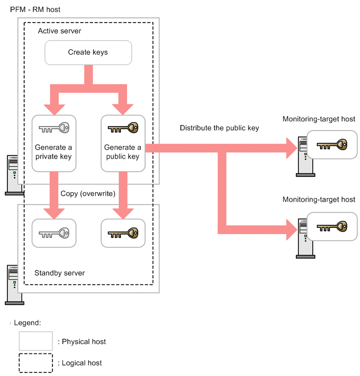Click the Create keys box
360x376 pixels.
(88, 53)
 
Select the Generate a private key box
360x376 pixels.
(54, 143)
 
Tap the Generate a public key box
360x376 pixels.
(123, 143)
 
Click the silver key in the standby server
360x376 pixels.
(54, 233)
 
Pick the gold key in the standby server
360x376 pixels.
(123, 233)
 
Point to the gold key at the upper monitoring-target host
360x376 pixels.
(332, 144)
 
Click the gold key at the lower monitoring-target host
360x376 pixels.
(332, 226)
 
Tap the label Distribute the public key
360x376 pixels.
(219, 128)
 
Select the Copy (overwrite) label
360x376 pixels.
(88, 194)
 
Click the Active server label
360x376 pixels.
(59, 31)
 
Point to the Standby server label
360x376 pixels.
(59, 273)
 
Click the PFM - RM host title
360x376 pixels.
(35, 9)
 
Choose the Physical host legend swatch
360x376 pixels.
(36, 341)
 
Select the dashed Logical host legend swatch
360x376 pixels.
(36, 363)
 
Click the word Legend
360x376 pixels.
(27, 323)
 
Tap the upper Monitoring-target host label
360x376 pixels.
(318, 119)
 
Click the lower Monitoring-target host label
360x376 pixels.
(318, 200)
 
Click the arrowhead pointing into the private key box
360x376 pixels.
(54, 110)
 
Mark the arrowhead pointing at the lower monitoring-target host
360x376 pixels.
(292, 229)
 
